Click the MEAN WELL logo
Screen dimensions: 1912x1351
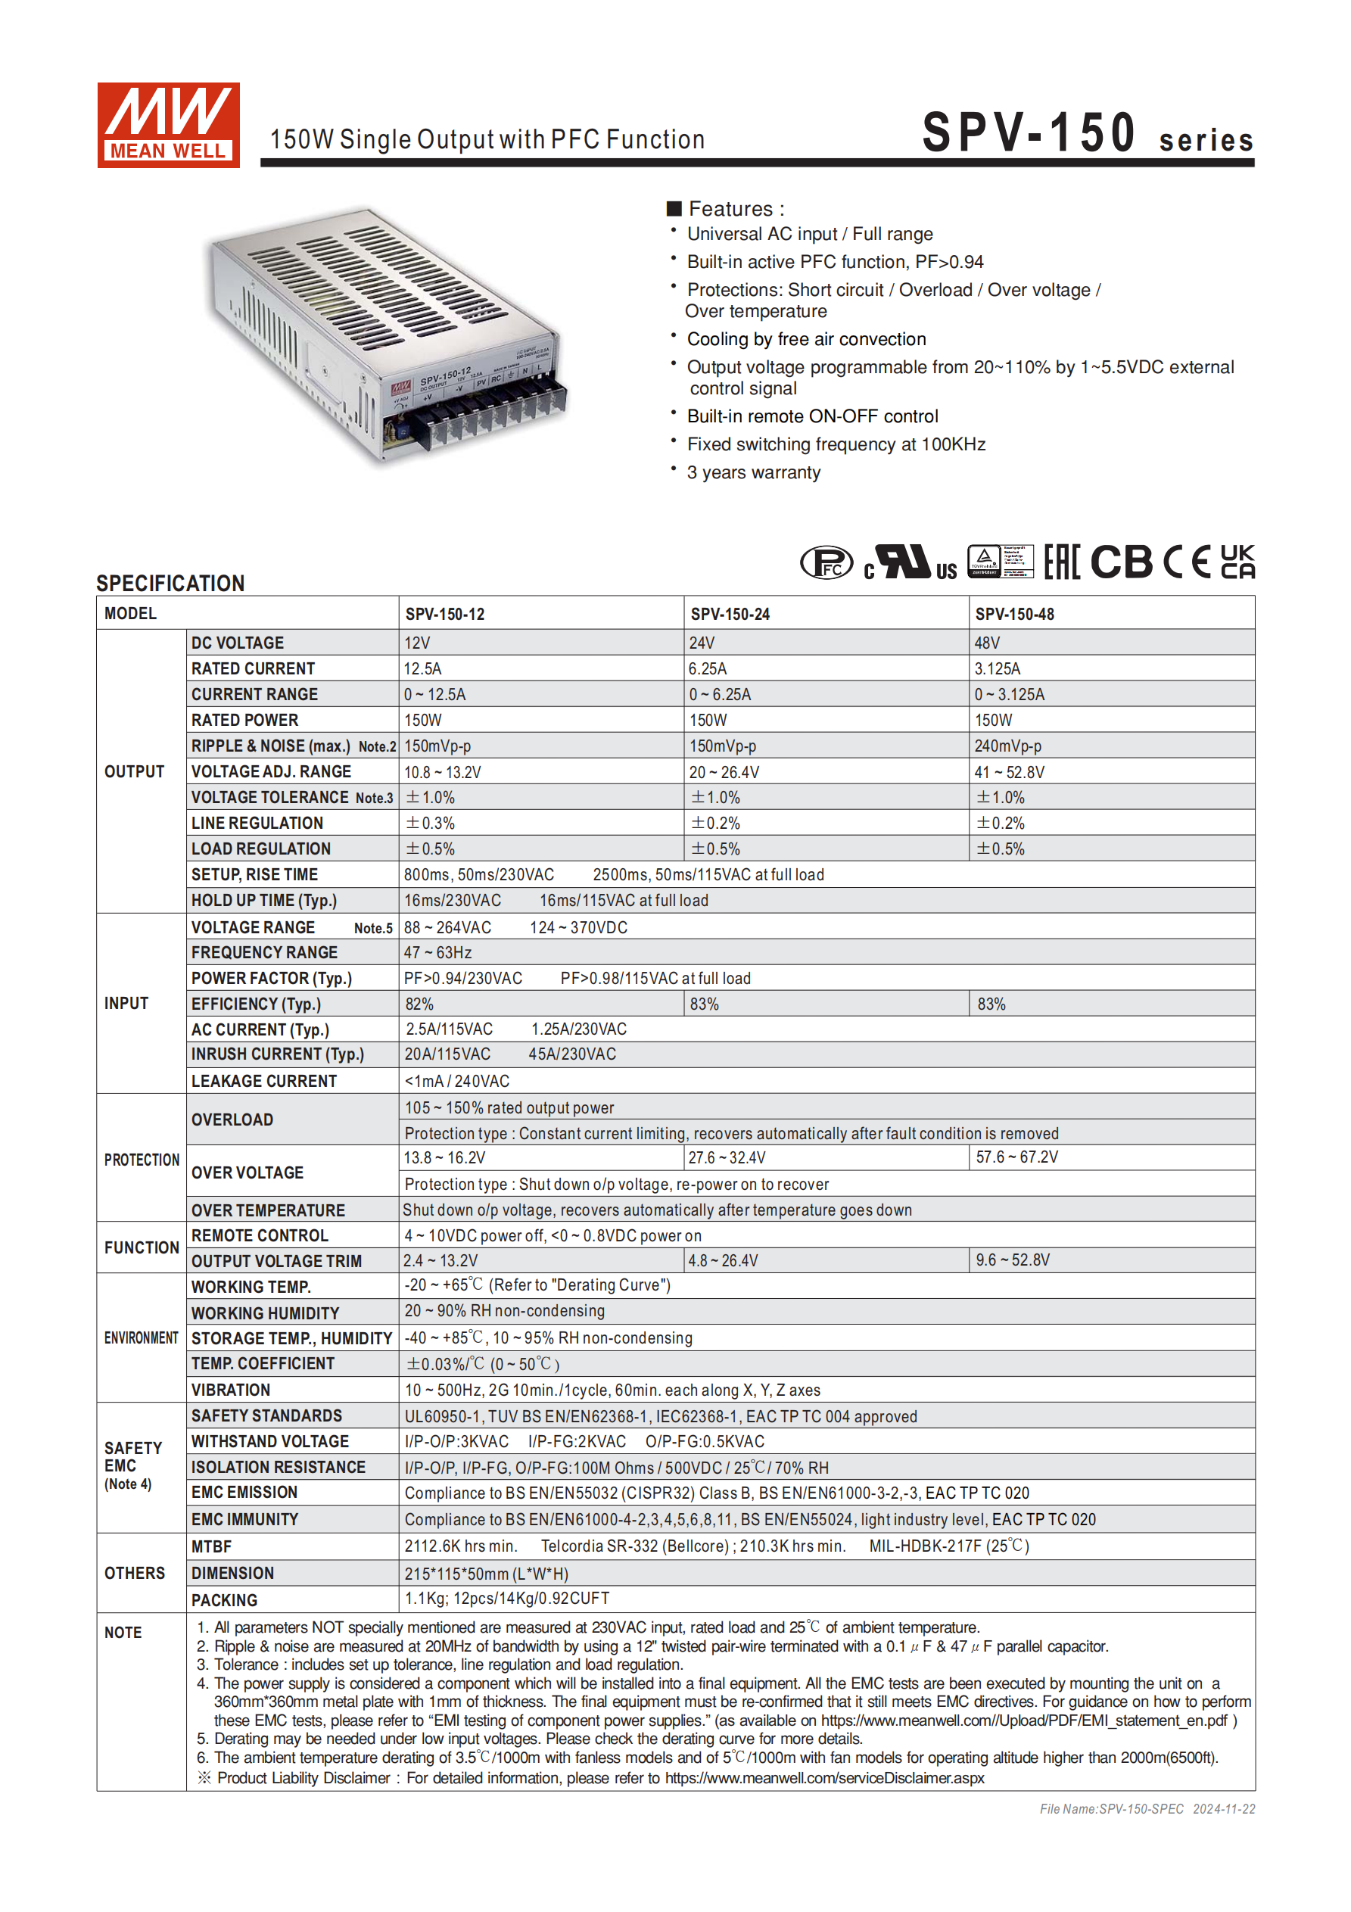tap(168, 125)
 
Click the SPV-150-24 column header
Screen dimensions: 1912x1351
tap(730, 614)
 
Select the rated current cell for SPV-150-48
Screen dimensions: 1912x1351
tap(997, 668)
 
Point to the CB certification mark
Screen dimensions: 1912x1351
tap(1121, 562)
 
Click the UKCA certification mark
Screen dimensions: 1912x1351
tap(1237, 562)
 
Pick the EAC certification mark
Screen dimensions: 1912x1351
tap(1062, 562)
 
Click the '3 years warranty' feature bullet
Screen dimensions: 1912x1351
tap(753, 472)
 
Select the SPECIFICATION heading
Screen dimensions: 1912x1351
tap(170, 583)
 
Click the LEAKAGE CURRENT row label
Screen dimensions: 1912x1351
tap(264, 1081)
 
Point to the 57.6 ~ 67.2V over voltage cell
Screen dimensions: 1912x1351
tap(1017, 1157)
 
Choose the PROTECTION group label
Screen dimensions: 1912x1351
tap(142, 1160)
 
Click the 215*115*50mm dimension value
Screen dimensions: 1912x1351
tap(487, 1574)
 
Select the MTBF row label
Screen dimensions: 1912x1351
tap(212, 1546)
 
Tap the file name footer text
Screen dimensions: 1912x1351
tap(1146, 1809)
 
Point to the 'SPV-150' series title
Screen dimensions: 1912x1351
tap(1029, 133)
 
